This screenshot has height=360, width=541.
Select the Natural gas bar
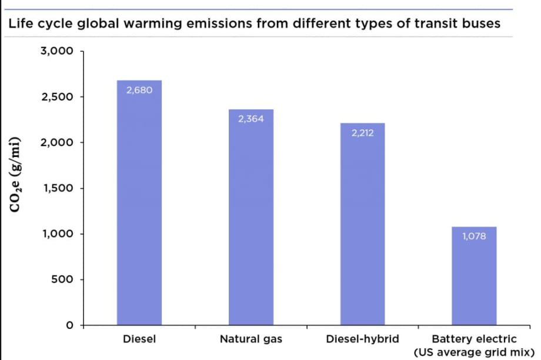[x=251, y=218]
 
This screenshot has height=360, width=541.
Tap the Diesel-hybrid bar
[x=363, y=224]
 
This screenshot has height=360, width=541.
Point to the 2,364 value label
[x=251, y=119]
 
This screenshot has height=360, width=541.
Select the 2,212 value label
[x=363, y=133]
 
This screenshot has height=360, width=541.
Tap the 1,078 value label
[x=474, y=236]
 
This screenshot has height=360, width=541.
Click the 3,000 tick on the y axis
[x=57, y=51]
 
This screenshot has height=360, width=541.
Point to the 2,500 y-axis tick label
[x=57, y=96]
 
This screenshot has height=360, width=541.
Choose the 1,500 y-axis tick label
[x=57, y=188]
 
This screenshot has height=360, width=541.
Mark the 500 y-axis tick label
[x=61, y=279]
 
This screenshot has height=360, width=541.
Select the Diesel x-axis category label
[x=139, y=339]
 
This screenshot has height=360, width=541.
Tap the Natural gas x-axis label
[x=251, y=339]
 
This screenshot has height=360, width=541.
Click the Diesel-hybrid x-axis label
[x=363, y=339]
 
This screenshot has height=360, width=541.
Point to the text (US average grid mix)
[x=474, y=352]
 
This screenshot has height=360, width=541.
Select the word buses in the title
[x=481, y=24]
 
